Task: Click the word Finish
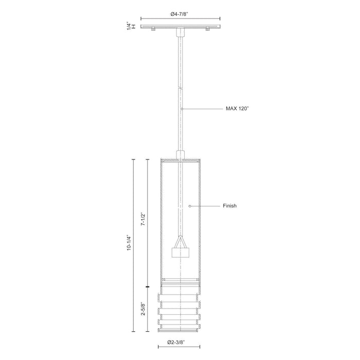click(230, 206)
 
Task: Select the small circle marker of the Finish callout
click(190, 206)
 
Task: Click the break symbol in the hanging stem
click(180, 89)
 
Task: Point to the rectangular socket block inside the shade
click(180, 252)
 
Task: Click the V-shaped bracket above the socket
click(180, 241)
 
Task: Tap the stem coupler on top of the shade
click(180, 154)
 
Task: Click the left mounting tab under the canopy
click(153, 29)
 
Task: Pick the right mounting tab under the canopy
click(207, 29)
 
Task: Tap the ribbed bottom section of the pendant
click(180, 309)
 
